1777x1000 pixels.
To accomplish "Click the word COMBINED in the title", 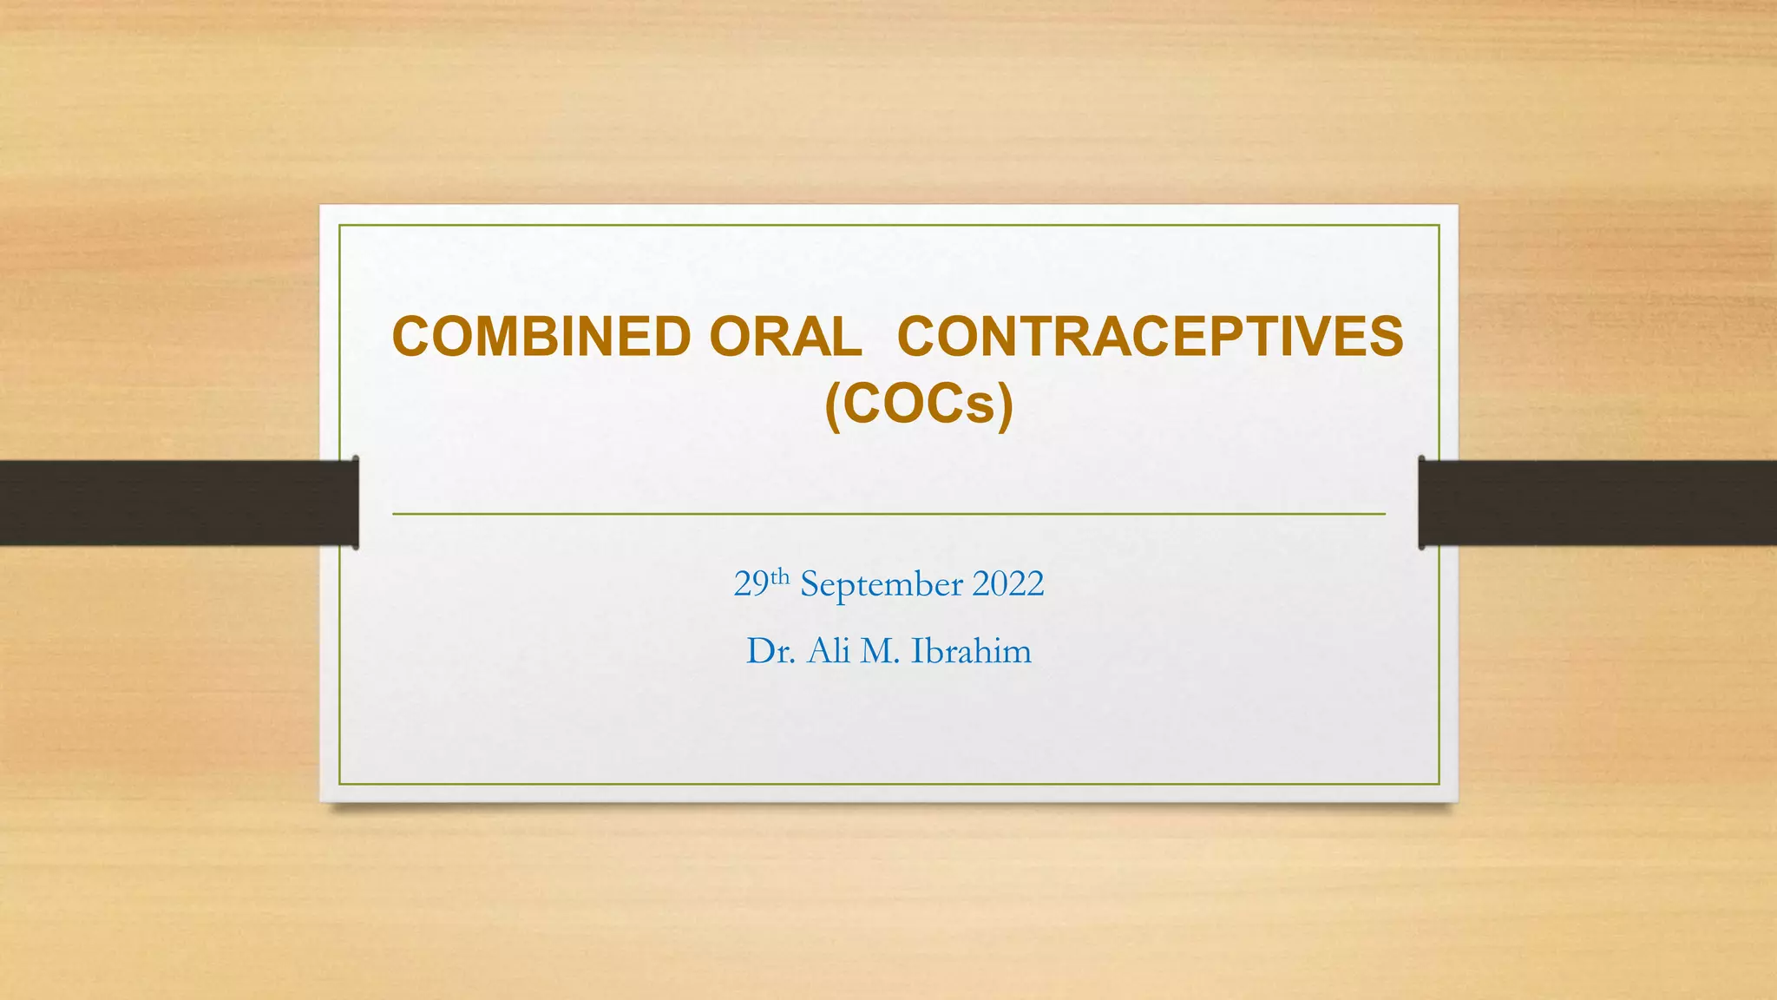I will click(541, 337).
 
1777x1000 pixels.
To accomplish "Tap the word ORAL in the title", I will click(785, 337).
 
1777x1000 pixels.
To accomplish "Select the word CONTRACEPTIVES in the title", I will click(1150, 337).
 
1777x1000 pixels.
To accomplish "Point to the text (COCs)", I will click(919, 405).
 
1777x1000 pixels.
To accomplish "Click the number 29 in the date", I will click(751, 584).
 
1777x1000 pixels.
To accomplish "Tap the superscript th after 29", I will click(780, 576).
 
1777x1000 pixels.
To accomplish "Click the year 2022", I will click(1008, 584).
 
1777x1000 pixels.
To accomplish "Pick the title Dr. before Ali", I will click(770, 651).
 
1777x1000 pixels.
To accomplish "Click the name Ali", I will click(829, 651).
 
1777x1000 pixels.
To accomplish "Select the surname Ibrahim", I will click(972, 651).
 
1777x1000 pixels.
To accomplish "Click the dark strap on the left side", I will click(174, 503).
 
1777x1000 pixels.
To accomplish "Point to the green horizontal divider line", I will click(888, 514).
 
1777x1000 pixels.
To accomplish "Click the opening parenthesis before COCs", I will click(833, 406).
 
